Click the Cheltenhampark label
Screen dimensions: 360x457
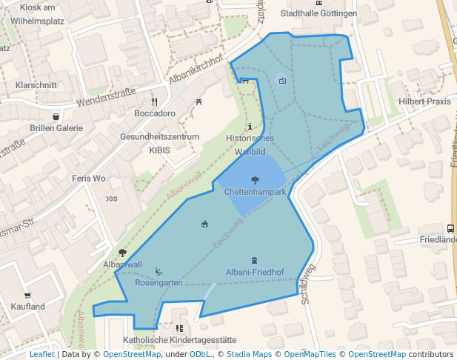click(x=255, y=192)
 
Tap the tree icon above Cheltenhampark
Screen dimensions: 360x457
click(x=255, y=180)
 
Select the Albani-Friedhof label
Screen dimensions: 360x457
click(x=255, y=272)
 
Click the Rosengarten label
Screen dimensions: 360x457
click(x=159, y=283)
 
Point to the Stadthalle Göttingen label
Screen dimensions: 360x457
click(x=318, y=13)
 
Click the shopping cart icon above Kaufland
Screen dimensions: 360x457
click(x=27, y=295)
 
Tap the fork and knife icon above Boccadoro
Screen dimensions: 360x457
click(x=155, y=101)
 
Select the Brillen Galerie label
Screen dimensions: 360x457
click(x=56, y=128)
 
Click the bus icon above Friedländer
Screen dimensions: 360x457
click(x=451, y=228)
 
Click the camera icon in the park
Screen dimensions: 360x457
click(x=283, y=81)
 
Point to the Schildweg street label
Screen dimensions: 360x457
click(x=306, y=285)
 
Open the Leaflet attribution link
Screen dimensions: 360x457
click(x=41, y=354)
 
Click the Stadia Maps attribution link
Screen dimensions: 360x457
click(x=249, y=354)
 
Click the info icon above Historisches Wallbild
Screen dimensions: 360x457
click(x=250, y=127)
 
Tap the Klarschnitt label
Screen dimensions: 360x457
click(x=36, y=85)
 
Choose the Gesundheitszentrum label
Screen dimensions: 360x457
click(x=160, y=137)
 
